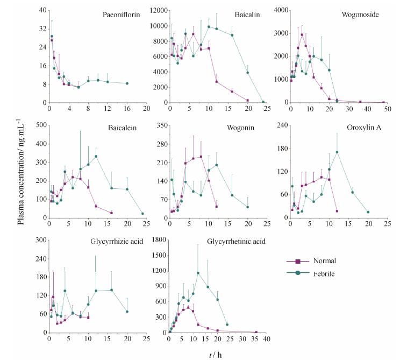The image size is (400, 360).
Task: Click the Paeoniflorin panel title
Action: (x=121, y=15)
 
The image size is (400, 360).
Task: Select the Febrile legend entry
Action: (x=325, y=273)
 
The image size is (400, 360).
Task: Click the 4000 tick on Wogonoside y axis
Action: (x=280, y=10)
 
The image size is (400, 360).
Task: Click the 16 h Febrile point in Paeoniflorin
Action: (x=127, y=83)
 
